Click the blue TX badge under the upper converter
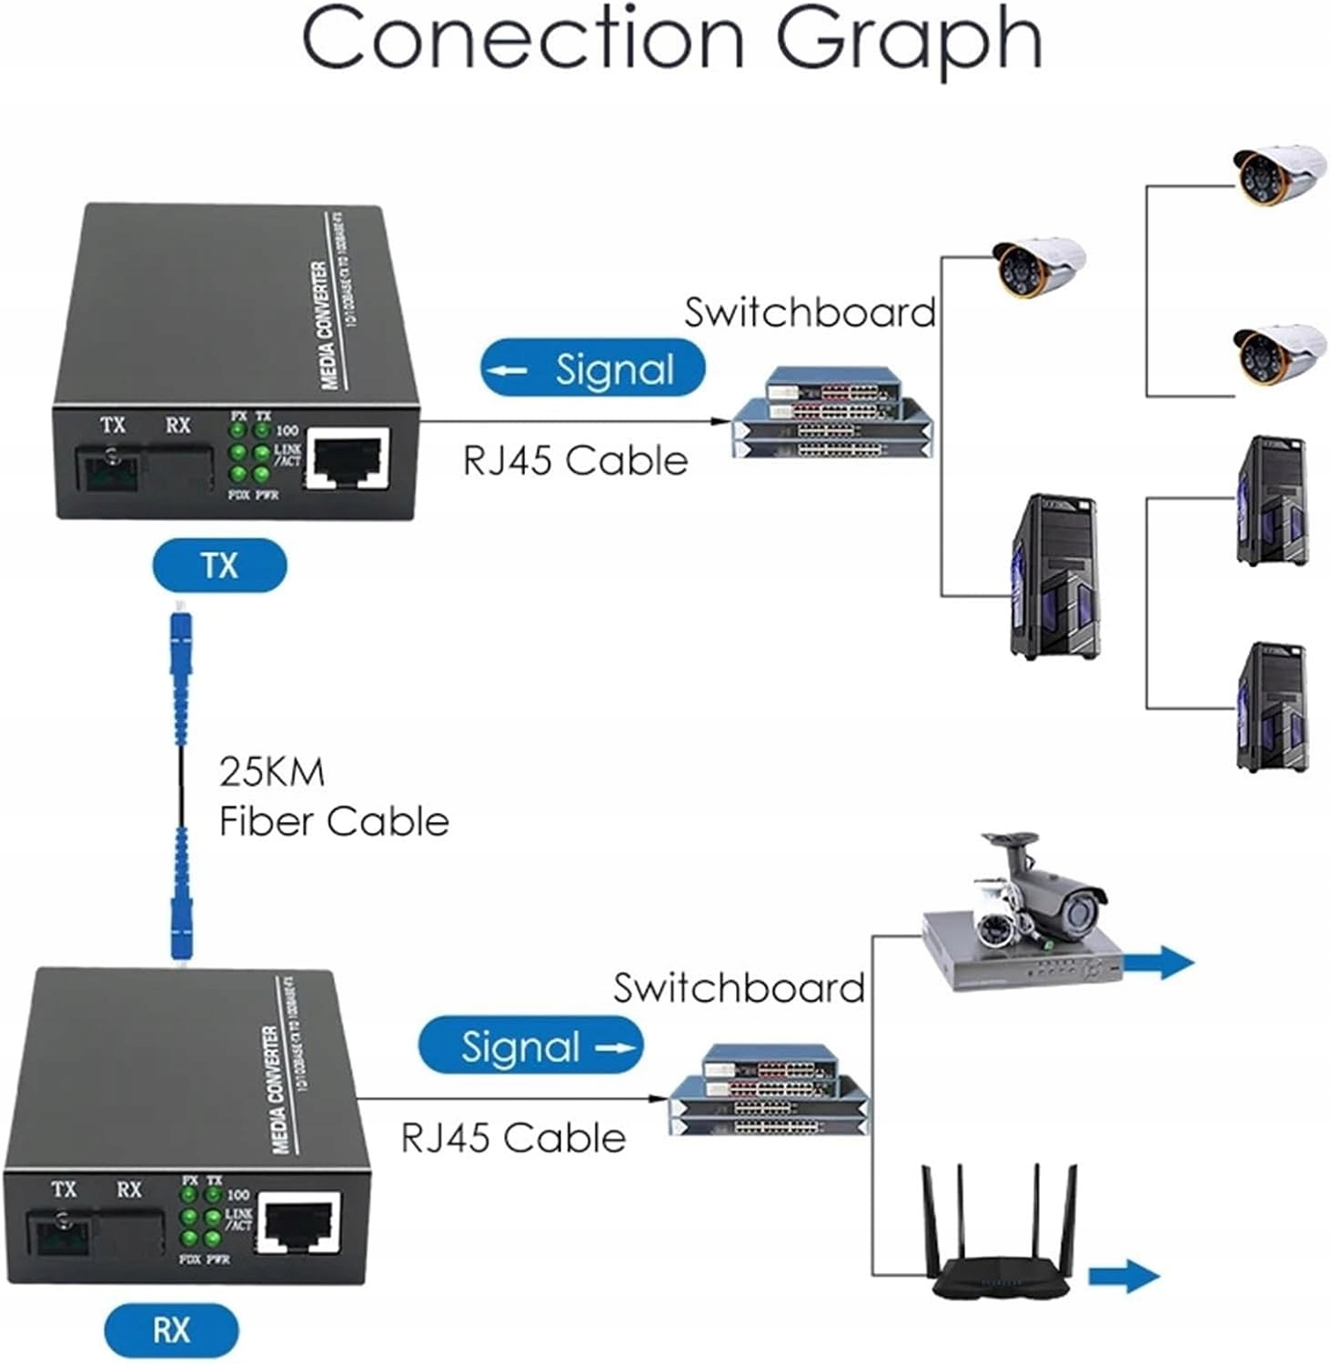point(219,566)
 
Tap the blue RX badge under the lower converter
point(171,1330)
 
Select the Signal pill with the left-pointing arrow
point(593,369)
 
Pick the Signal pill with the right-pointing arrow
point(530,1047)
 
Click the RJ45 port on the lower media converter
point(299,1223)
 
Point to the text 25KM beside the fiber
point(271,772)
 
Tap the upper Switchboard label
point(810,313)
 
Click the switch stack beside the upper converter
point(833,414)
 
